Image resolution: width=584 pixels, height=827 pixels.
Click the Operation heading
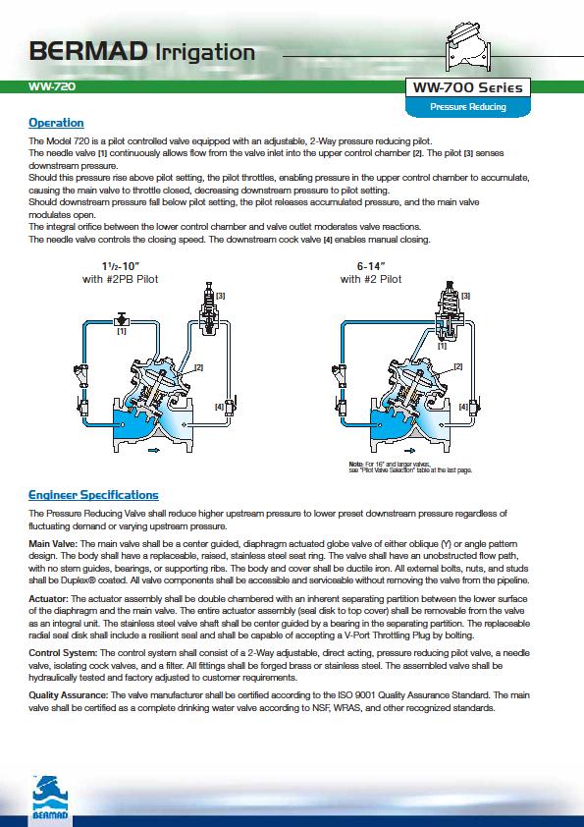tap(56, 123)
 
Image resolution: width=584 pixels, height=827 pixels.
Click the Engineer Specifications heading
tap(93, 495)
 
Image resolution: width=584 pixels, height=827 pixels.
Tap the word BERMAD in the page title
tap(88, 52)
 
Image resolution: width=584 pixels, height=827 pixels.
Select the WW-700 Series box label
tap(467, 87)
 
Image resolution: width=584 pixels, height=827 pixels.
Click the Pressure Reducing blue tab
tap(467, 106)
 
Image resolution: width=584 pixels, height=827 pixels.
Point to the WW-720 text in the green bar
tap(52, 86)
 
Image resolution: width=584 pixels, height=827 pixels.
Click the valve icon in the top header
tap(468, 48)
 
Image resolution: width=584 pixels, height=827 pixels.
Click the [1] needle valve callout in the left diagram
tap(122, 331)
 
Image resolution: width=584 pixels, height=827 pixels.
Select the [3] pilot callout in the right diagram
tap(465, 296)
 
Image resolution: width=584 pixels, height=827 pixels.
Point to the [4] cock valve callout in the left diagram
tap(219, 407)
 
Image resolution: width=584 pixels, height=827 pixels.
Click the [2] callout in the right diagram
tap(458, 366)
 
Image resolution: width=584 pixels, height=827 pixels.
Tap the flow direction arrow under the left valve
tap(154, 450)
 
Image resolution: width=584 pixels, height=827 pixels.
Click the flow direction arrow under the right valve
tap(409, 451)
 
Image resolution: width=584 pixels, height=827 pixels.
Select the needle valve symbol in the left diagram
tap(122, 319)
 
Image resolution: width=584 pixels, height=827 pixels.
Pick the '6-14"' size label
tap(371, 266)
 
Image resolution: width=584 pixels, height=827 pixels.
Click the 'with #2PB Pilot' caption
tap(120, 279)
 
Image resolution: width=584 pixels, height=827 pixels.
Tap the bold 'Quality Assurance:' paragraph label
tap(69, 695)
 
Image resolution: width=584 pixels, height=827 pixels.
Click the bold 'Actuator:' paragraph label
tap(48, 599)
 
